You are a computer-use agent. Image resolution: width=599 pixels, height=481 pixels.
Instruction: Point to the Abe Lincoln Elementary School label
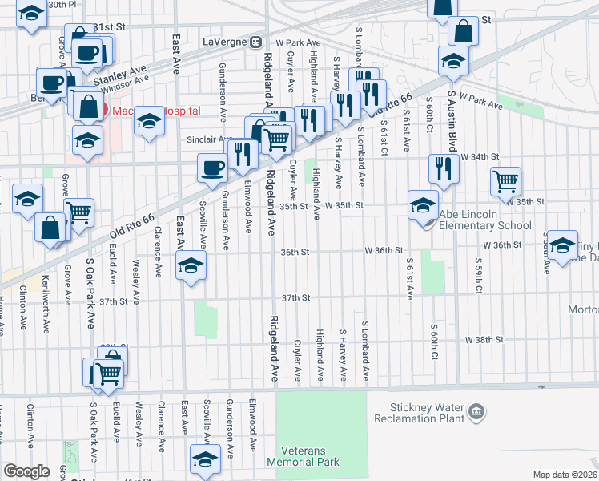click(485, 220)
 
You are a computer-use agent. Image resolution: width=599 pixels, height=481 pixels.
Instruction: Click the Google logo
click(26, 471)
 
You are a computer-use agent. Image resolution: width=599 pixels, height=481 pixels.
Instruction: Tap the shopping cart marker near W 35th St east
click(505, 182)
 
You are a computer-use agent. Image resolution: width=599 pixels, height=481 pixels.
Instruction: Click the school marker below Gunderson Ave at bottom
click(205, 460)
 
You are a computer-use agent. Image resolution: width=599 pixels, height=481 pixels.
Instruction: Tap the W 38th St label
click(484, 339)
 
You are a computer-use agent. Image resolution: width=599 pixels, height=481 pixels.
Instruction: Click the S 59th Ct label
click(477, 277)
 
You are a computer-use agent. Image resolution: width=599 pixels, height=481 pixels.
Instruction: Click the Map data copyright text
click(565, 475)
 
